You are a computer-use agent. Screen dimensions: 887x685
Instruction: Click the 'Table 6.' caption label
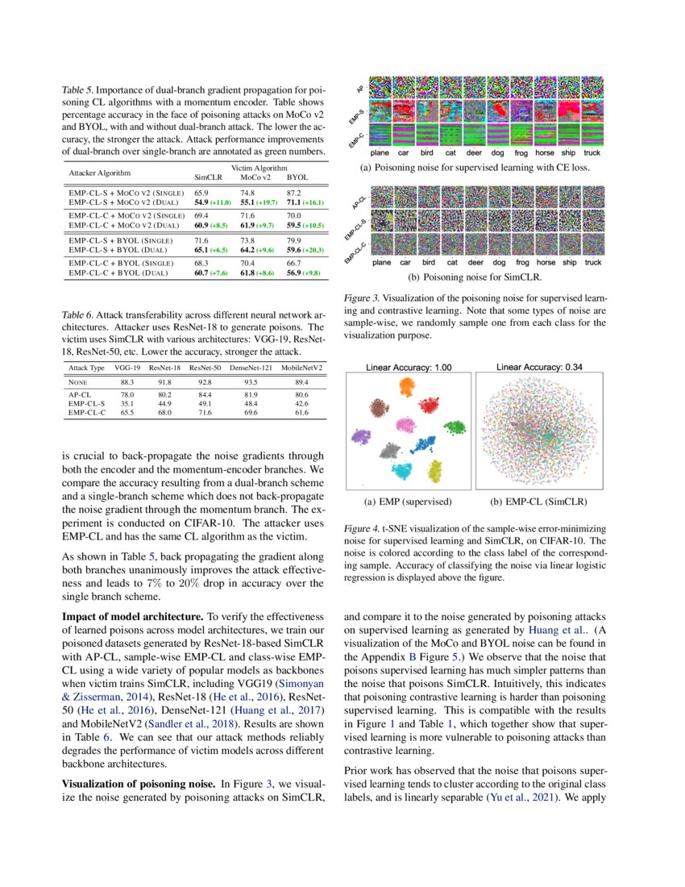tap(77, 314)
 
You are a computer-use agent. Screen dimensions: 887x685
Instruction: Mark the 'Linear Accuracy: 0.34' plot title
tap(539, 367)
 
